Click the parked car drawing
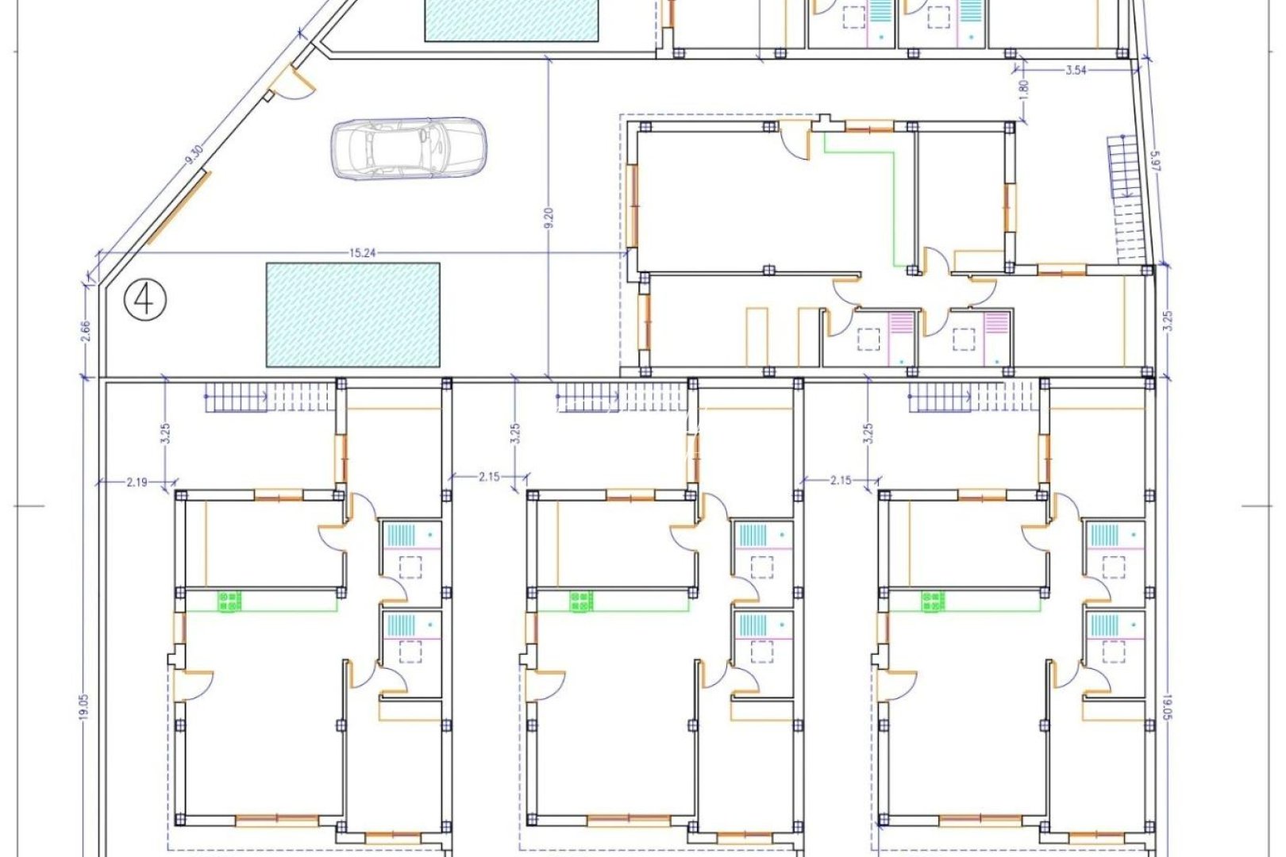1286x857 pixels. click(407, 148)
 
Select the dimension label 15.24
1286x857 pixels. click(361, 253)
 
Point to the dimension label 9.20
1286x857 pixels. click(549, 217)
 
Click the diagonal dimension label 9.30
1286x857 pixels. click(192, 154)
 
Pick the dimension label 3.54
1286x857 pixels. click(1076, 70)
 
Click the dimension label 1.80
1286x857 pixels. click(1023, 88)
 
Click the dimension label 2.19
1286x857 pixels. click(136, 481)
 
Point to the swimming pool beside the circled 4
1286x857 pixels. click(353, 315)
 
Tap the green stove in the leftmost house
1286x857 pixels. click(229, 601)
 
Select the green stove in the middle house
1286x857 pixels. click(581, 601)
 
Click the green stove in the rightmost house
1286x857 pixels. click(933, 601)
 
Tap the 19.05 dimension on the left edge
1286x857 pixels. click(84, 706)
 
